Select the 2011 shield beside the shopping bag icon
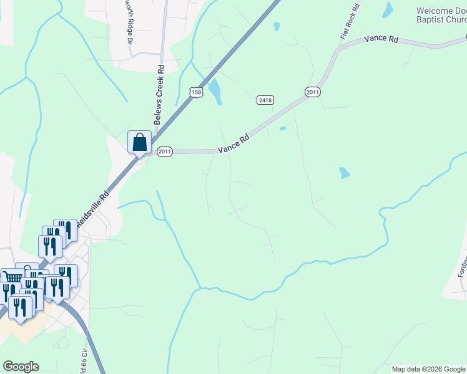[164, 152]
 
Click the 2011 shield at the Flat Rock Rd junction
[313, 92]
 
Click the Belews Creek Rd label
[160, 87]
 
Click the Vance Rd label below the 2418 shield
[234, 143]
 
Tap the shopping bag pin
[139, 143]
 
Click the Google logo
[21, 367]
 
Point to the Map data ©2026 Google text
[428, 369]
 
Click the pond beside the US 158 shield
[215, 92]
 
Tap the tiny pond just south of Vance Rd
[283, 129]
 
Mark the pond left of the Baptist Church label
[388, 9]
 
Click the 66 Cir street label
[83, 359]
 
